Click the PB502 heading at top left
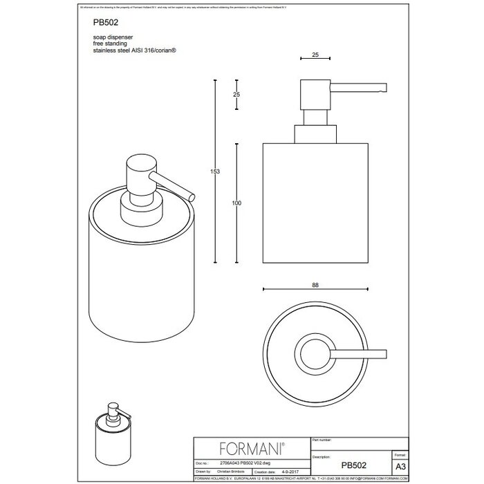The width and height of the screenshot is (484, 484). (x=102, y=40)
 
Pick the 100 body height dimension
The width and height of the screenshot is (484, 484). (x=237, y=203)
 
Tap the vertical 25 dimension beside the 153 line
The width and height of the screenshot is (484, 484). (x=236, y=93)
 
